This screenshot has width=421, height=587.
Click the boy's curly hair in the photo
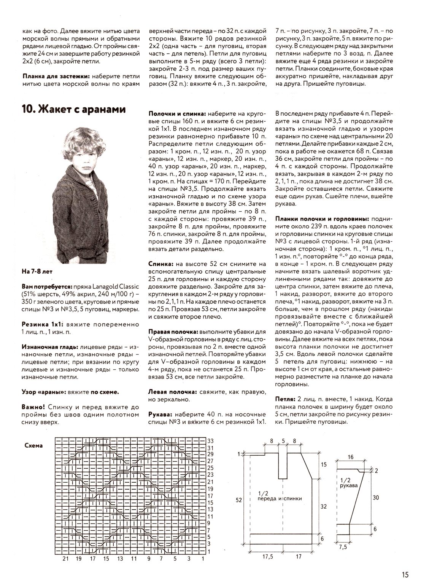pyautogui.click(x=81, y=140)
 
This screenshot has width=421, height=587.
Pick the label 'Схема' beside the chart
pyautogui.click(x=34, y=445)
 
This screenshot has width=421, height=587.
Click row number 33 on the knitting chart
pyautogui.click(x=212, y=441)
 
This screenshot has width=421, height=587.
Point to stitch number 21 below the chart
pyautogui.click(x=65, y=559)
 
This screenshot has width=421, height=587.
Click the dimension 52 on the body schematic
pyautogui.click(x=238, y=500)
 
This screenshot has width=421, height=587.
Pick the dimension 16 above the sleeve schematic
pyautogui.click(x=351, y=456)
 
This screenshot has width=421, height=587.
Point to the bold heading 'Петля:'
pyautogui.click(x=284, y=399)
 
